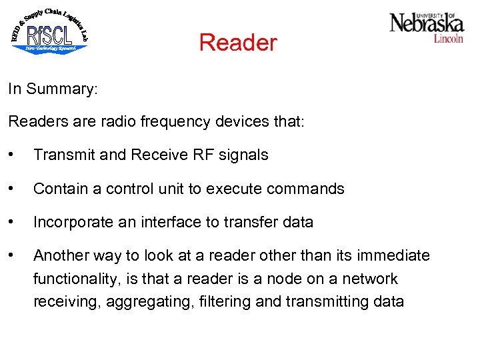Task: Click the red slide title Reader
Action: coord(237,43)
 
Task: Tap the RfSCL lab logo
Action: coord(50,31)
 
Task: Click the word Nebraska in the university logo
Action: coord(427,23)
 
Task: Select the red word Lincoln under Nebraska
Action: coord(448,39)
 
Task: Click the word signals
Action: coord(243,155)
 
